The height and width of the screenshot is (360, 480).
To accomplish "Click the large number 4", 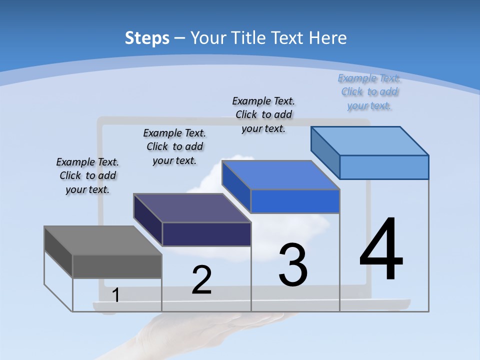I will (381, 250).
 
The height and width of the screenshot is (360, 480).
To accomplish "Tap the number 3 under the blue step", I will (292, 265).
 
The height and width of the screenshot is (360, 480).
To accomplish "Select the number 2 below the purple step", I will (201, 280).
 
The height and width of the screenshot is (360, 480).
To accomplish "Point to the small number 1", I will (115, 295).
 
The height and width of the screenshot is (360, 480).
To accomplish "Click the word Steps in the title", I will (147, 37).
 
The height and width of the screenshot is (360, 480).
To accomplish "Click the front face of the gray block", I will (117, 266).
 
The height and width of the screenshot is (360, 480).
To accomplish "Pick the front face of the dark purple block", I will (206, 234).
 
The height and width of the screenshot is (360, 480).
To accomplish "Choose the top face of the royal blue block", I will (280, 175).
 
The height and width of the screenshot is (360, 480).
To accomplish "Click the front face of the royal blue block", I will (295, 201).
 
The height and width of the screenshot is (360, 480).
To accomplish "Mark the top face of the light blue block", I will (369, 140).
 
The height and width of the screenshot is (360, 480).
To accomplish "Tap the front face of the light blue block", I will (384, 167).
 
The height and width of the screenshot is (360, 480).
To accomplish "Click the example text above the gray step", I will (87, 176).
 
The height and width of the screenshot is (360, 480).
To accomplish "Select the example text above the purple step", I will (174, 146).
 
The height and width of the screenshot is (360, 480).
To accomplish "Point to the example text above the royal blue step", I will (263, 114).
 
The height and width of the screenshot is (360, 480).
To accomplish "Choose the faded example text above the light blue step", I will (369, 91).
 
